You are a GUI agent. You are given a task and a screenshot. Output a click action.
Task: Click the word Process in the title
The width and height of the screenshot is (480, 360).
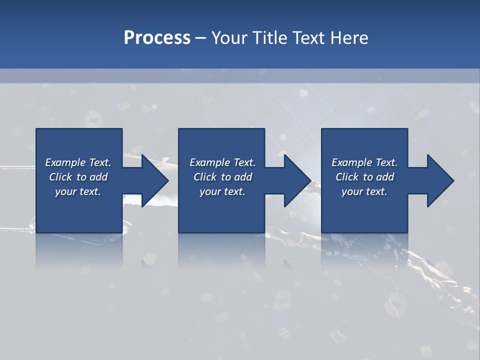(157, 37)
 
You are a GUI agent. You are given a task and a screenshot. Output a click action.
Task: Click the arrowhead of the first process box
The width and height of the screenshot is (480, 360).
(154, 180)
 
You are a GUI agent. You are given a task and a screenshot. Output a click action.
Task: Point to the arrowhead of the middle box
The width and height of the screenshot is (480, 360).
(297, 180)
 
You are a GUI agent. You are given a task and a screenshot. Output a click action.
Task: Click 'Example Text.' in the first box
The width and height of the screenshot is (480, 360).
(78, 162)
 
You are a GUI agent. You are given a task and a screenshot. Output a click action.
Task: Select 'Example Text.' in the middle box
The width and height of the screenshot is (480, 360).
(222, 162)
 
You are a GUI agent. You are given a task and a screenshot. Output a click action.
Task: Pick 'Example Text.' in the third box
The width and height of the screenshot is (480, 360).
(364, 162)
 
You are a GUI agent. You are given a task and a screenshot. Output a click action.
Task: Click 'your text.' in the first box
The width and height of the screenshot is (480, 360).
(78, 191)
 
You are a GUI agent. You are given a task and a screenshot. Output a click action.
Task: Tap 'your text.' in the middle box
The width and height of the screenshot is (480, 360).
(222, 191)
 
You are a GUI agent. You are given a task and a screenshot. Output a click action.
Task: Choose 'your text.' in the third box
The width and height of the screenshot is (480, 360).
(364, 191)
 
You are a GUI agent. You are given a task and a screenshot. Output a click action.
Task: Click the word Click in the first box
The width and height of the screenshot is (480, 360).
(60, 177)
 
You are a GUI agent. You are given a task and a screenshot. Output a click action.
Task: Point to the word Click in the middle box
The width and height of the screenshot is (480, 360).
(204, 177)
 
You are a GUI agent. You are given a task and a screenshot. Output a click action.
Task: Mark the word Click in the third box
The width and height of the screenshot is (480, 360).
(347, 177)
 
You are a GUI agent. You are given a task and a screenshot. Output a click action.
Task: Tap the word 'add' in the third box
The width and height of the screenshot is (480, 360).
(385, 177)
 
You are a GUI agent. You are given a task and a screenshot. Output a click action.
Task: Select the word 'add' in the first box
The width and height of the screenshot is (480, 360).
(98, 177)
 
